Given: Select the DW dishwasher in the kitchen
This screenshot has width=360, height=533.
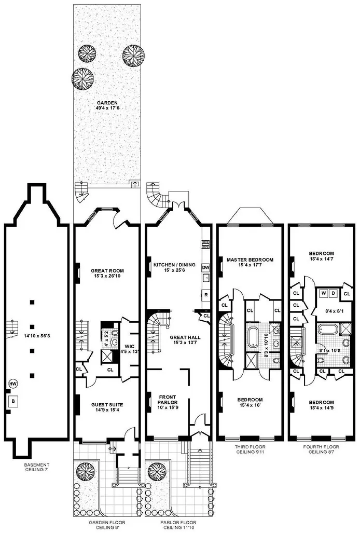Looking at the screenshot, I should click(205, 267).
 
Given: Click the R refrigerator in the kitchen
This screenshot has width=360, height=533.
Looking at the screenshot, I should click(205, 294).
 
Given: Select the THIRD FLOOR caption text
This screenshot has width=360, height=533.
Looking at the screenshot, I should click(250, 450).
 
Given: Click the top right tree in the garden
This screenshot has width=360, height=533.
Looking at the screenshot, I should click(133, 54).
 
